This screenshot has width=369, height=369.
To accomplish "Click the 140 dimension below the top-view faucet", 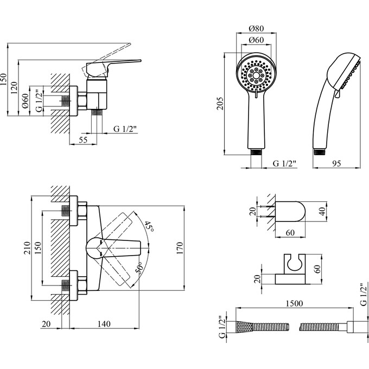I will pos(104,324).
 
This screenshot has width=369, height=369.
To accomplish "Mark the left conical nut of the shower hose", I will pos(244,328).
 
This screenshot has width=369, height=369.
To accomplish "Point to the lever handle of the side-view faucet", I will pos(114,64).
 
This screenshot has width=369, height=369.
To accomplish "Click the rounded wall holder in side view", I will pos(291,211).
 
